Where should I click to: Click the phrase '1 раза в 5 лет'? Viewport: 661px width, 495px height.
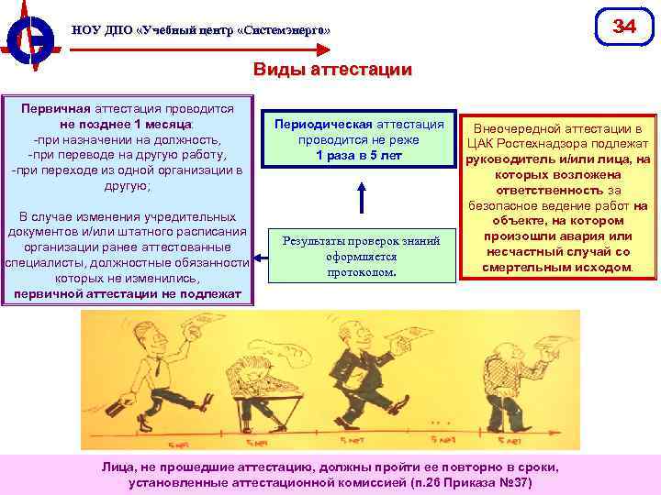360,155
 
